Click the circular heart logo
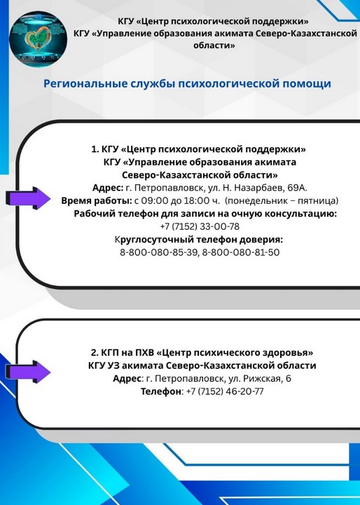[38, 39]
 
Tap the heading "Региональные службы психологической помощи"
[187, 84]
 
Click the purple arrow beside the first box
[28, 198]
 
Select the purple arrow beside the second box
[28, 372]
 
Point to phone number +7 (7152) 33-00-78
[200, 226]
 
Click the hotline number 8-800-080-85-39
[158, 252]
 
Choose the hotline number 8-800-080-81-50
[240, 252]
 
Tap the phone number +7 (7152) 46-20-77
[225, 392]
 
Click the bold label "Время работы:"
[97, 201]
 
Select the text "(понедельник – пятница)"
[282, 201]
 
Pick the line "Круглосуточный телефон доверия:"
[199, 240]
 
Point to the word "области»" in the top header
[214, 46]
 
